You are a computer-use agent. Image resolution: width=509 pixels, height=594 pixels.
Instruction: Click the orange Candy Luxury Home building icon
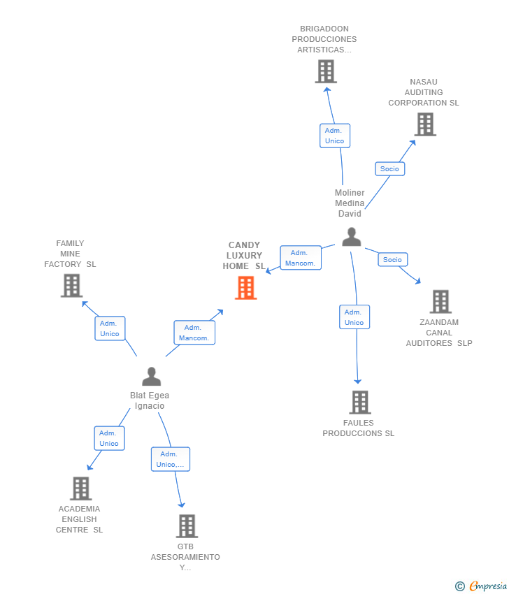(x=246, y=288)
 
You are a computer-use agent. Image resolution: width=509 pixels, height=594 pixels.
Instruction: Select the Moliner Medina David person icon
(x=351, y=237)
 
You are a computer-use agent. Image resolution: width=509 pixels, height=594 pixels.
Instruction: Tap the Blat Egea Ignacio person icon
(x=152, y=376)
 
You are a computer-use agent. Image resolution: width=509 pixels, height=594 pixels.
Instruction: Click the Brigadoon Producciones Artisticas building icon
(x=326, y=71)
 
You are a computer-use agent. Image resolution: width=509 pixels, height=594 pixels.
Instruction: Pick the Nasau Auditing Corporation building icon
(x=425, y=124)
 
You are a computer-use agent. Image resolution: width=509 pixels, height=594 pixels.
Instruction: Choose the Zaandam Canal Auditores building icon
(x=440, y=302)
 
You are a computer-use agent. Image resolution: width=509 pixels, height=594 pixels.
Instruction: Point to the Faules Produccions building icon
(x=360, y=403)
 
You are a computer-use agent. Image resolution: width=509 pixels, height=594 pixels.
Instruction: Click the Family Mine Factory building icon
(x=71, y=286)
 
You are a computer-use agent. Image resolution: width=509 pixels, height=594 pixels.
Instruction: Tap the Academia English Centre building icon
(x=80, y=488)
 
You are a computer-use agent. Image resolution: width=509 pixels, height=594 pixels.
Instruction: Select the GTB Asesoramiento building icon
(x=187, y=526)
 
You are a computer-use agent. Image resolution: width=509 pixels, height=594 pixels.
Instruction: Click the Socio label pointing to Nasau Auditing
(x=390, y=169)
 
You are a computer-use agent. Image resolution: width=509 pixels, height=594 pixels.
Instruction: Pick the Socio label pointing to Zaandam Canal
(x=393, y=259)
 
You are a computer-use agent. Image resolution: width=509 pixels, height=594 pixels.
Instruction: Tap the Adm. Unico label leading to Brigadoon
(x=335, y=136)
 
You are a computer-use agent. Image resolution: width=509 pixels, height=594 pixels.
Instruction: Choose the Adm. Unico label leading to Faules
(x=354, y=317)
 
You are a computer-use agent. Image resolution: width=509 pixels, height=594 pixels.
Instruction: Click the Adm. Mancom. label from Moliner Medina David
(x=301, y=258)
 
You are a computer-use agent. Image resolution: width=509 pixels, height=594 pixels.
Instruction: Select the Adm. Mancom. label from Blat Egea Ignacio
(x=194, y=333)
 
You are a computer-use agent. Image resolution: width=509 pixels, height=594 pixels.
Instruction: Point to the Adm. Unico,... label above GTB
(x=171, y=459)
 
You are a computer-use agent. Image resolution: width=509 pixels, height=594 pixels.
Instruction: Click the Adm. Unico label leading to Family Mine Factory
(x=110, y=328)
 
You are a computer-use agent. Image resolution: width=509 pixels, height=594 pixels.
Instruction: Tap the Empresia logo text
(x=488, y=586)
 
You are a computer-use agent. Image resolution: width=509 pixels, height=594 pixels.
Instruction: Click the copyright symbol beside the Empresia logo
(x=460, y=586)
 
